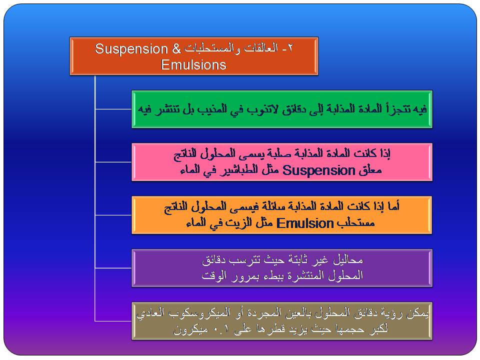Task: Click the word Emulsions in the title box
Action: point(193,64)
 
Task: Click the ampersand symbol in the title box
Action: point(176,48)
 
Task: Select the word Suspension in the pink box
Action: point(318,170)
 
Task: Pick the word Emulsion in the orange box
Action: point(305,223)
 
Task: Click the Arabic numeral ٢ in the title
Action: point(290,48)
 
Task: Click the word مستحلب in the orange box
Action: point(355,223)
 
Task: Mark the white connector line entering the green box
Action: point(113,109)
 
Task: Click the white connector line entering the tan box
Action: point(113,321)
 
